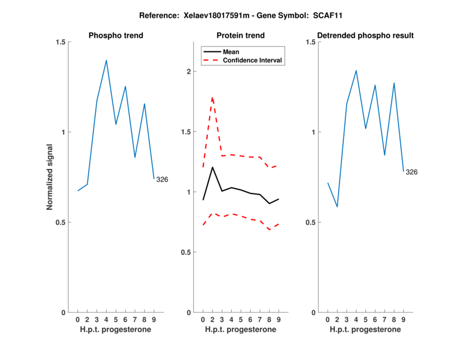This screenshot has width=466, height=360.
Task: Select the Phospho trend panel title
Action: [x=116, y=36]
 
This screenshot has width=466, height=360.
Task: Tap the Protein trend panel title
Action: [x=241, y=36]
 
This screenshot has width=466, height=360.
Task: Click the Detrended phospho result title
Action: [x=365, y=36]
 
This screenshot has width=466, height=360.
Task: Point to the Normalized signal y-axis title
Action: [x=50, y=177]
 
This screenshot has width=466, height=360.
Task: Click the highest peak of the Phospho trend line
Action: [x=107, y=61]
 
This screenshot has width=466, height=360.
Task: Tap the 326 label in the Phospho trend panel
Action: [x=162, y=179]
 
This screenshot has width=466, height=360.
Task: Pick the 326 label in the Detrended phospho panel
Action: [x=412, y=172]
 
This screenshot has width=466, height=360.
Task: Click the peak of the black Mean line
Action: [x=213, y=167]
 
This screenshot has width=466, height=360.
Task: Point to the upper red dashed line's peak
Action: [x=213, y=97]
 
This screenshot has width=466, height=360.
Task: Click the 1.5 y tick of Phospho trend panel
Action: [x=60, y=42]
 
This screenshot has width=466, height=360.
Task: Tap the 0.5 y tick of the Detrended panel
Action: [x=309, y=222]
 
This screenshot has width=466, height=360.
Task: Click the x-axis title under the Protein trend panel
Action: [x=241, y=330]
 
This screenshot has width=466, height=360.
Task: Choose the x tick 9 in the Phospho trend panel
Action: [x=154, y=319]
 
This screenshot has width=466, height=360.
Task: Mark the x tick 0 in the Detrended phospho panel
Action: [x=328, y=319]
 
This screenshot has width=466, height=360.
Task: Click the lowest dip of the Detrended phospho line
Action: [x=337, y=207]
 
